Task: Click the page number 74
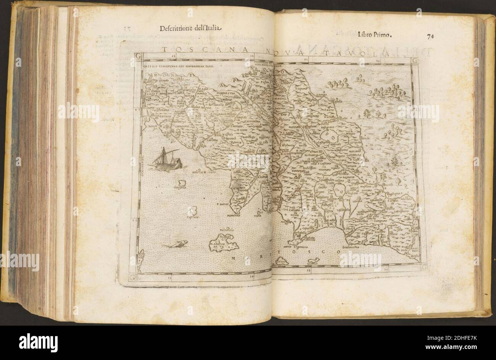(431, 37)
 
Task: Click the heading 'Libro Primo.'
(375, 35)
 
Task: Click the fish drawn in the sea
(176, 244)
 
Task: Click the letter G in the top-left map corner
(138, 56)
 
